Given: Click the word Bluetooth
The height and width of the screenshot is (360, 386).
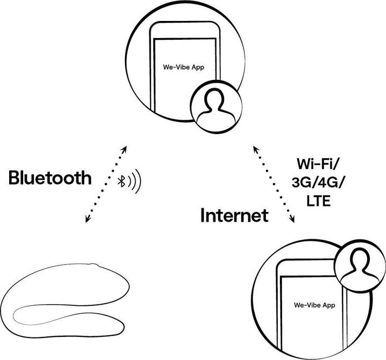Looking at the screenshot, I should point(50,178).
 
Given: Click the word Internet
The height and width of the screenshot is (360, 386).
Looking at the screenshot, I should point(234,216).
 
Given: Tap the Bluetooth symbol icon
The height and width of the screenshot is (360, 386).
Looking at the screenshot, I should point(122,181).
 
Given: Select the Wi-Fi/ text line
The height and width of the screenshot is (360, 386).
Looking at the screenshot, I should point(318,164).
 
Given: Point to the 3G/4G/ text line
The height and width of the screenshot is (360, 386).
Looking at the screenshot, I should point(318,183).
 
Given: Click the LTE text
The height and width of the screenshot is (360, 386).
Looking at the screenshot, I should point(318,202).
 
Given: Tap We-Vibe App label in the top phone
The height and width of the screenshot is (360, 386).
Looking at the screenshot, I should point(183,68).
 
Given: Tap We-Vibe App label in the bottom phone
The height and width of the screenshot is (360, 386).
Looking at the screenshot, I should point(315,305).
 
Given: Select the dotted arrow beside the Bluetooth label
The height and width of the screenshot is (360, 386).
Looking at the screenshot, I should point(105,183).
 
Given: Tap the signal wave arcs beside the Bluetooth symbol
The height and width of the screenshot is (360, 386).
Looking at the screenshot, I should point(135,181).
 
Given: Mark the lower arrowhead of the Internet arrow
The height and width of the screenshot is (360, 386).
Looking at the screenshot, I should point(294,221).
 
